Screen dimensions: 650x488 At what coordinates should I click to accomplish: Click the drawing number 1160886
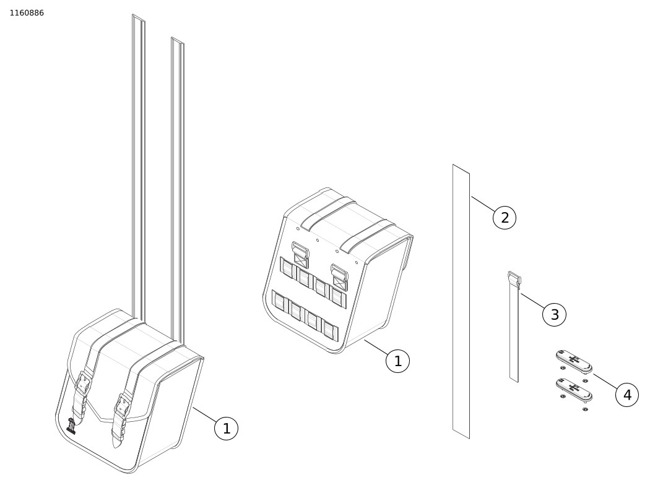(x=27, y=13)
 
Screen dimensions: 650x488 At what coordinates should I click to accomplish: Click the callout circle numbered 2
(x=505, y=218)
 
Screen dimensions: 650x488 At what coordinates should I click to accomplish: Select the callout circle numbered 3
(x=554, y=314)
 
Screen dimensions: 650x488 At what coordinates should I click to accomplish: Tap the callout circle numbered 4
(x=627, y=395)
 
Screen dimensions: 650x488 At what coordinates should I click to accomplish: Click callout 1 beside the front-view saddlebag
(x=227, y=429)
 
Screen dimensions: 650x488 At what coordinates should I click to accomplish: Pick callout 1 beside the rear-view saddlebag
(x=397, y=361)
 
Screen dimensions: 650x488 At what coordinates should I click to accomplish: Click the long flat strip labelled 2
(x=461, y=301)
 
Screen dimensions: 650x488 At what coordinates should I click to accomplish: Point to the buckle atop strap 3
(x=514, y=278)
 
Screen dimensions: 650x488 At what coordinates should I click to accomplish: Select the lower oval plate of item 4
(x=574, y=390)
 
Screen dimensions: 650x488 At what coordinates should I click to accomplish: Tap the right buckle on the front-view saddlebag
(x=123, y=404)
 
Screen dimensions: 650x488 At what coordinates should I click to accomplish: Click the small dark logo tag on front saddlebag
(x=71, y=426)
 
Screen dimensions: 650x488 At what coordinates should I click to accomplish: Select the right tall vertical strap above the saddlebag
(x=178, y=190)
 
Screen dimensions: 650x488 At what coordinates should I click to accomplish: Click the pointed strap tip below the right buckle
(x=116, y=442)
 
